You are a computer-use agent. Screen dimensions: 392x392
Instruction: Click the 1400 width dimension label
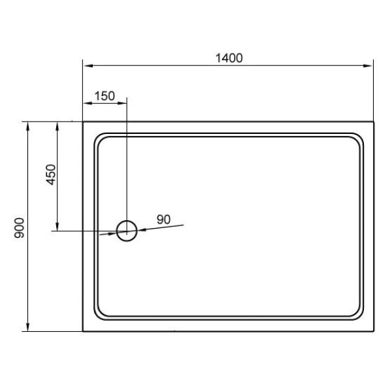[x=229, y=57]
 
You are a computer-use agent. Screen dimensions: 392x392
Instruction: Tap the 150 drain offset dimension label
[x=105, y=95]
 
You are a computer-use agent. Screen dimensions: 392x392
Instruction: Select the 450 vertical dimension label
[x=53, y=175]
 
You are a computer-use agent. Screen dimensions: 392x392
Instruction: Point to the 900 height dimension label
[x=20, y=227]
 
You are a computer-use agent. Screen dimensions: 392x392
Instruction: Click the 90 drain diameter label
[x=163, y=220]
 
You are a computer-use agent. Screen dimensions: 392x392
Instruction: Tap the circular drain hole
[x=126, y=229]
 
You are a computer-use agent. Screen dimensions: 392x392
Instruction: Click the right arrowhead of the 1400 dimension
[x=368, y=65]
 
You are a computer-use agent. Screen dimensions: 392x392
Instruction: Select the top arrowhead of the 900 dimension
[x=28, y=126]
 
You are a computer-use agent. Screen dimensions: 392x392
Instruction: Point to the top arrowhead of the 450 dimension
[x=58, y=126]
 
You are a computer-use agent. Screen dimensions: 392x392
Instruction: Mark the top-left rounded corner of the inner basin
[x=100, y=139]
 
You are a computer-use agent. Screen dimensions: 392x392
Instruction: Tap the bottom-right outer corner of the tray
[x=372, y=331]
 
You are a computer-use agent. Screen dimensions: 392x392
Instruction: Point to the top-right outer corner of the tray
[x=372, y=122]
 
